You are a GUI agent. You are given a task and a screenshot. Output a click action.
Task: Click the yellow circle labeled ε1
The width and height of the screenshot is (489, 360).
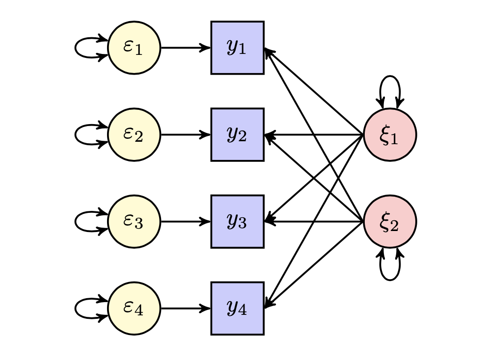pos(134,48)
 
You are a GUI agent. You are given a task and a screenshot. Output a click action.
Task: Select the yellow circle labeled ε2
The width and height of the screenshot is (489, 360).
pos(134,134)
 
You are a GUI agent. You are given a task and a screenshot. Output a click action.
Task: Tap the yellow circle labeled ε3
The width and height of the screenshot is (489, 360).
pos(134,222)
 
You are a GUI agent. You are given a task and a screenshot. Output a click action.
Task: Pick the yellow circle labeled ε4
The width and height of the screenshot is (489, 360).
pos(134,309)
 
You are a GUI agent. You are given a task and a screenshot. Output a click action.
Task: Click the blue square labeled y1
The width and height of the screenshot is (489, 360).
pos(237,48)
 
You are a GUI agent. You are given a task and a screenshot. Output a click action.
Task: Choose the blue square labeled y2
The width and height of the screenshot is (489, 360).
pos(237,134)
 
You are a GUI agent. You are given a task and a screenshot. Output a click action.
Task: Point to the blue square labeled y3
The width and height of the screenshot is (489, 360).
pos(237,222)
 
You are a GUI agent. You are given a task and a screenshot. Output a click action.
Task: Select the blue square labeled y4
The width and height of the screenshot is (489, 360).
pos(237,309)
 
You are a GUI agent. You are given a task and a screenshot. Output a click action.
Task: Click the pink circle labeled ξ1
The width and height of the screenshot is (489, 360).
pos(390,134)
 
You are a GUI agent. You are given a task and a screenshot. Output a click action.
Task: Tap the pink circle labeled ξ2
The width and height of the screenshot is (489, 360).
pos(390,222)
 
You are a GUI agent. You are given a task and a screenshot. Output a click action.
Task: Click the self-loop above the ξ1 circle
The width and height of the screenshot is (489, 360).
pos(390,77)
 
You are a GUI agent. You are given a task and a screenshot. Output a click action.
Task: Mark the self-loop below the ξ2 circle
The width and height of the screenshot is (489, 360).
pos(390,279)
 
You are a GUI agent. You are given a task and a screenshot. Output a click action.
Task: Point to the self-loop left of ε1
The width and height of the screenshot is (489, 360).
pos(76,48)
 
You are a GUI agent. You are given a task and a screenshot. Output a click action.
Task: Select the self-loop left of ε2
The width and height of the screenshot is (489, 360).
pos(76,134)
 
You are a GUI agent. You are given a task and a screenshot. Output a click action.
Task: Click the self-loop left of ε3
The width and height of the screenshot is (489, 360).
pos(76,222)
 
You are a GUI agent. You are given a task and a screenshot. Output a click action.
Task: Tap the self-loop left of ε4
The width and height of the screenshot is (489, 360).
pos(76,309)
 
